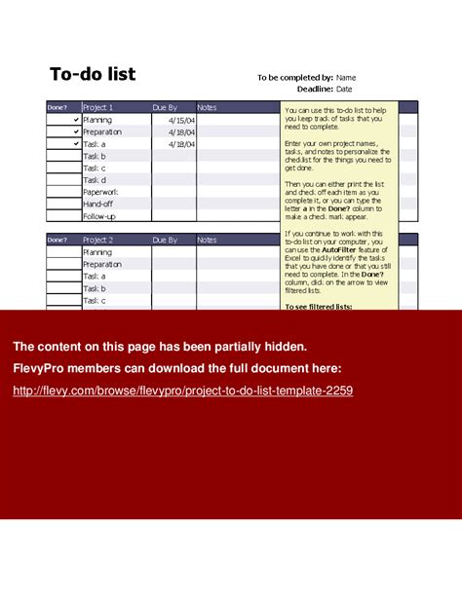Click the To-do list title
tap(93, 75)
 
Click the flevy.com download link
tap(182, 391)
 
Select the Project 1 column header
tap(98, 107)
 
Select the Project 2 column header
tap(98, 240)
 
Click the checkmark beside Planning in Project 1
tap(76, 120)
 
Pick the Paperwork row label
tap(102, 192)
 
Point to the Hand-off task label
tap(98, 204)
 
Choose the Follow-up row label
tap(99, 216)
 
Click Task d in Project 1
tap(95, 180)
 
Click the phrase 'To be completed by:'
tap(295, 77)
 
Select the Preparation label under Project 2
tap(102, 264)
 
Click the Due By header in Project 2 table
tap(166, 240)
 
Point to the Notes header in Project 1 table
tap(208, 107)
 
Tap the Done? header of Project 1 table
tap(58, 107)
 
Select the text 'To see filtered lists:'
tap(319, 306)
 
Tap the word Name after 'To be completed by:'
tap(346, 77)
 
